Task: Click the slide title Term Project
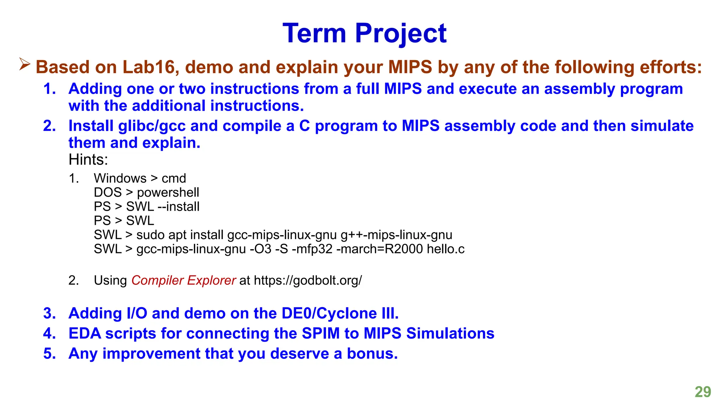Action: (364, 33)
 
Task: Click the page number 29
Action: (703, 392)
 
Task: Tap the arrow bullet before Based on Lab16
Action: (25, 64)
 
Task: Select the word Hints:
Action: (88, 159)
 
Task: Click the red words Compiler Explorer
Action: (183, 280)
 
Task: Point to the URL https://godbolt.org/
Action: (308, 280)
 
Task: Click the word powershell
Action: (168, 193)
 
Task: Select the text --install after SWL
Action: (178, 206)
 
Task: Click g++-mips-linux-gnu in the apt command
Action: (396, 235)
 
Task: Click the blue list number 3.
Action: (49, 313)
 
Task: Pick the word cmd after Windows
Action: (174, 178)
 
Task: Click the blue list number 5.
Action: (49, 353)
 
